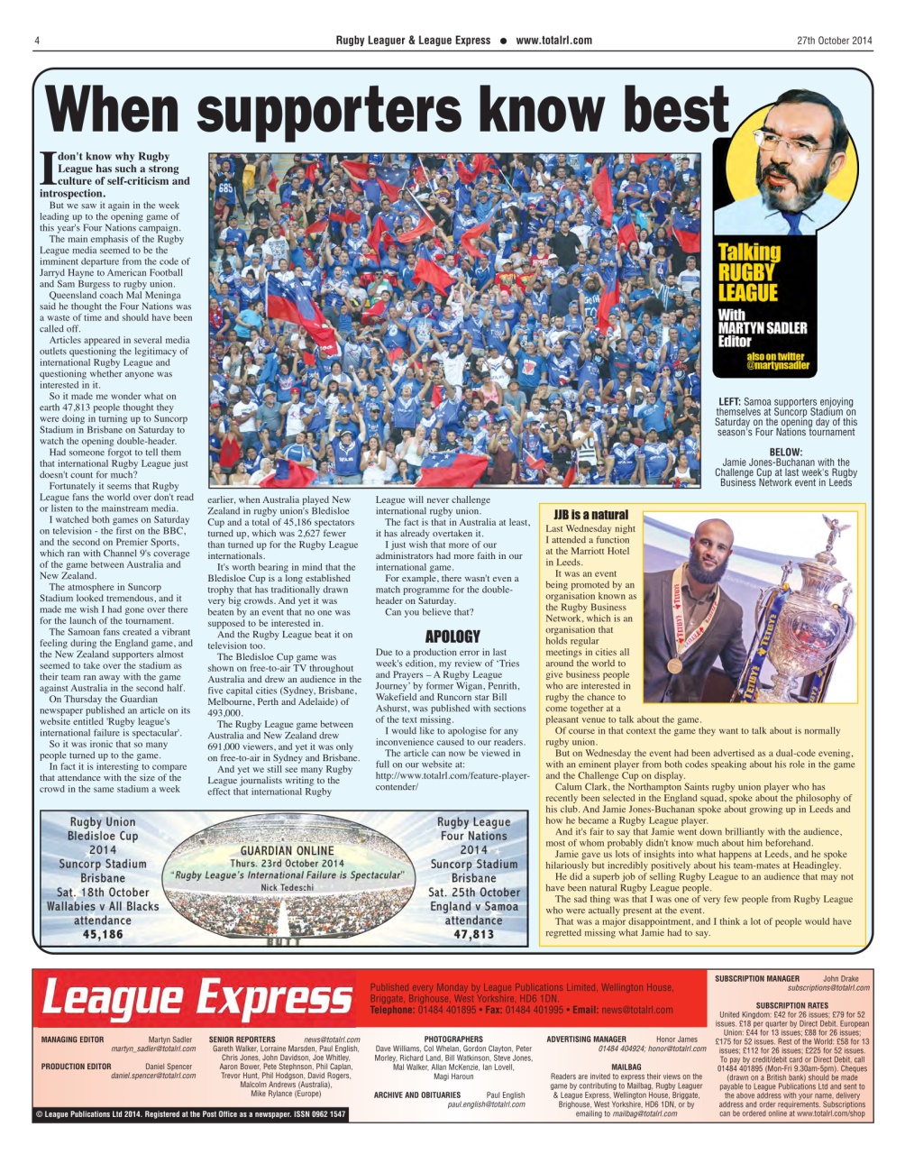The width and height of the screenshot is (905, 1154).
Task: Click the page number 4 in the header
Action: pyautogui.click(x=36, y=41)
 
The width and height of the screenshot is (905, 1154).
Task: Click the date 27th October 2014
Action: pyautogui.click(x=835, y=41)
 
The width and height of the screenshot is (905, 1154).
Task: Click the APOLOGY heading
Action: pyautogui.click(x=452, y=637)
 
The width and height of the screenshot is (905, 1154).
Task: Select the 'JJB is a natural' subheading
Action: pyautogui.click(x=590, y=515)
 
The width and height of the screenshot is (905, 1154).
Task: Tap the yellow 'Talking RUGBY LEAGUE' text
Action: pyautogui.click(x=749, y=272)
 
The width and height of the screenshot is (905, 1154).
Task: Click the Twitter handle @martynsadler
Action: pyautogui.click(x=778, y=367)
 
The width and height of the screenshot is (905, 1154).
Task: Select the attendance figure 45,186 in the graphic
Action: pyautogui.click(x=102, y=935)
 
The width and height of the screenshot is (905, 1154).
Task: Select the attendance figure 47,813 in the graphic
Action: pyautogui.click(x=473, y=935)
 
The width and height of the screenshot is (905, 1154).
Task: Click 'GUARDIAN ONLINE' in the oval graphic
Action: pyautogui.click(x=287, y=850)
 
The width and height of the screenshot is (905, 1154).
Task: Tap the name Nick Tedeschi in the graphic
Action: pyautogui.click(x=287, y=887)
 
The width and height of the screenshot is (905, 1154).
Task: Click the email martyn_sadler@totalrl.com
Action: pyautogui.click(x=152, y=1049)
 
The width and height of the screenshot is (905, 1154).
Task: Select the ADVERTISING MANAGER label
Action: pyautogui.click(x=586, y=1040)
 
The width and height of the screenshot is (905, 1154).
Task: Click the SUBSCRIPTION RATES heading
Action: pyautogui.click(x=791, y=1005)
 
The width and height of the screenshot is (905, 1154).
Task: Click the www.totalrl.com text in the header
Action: pyautogui.click(x=553, y=41)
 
